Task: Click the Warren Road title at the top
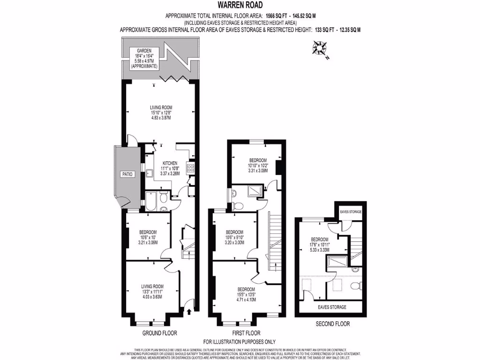click(x=240, y=5)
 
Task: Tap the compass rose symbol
click(x=320, y=48)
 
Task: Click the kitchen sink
click(x=150, y=174)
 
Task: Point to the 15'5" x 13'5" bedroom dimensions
click(x=246, y=294)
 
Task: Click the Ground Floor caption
click(x=159, y=333)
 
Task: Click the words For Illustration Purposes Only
click(x=240, y=342)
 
